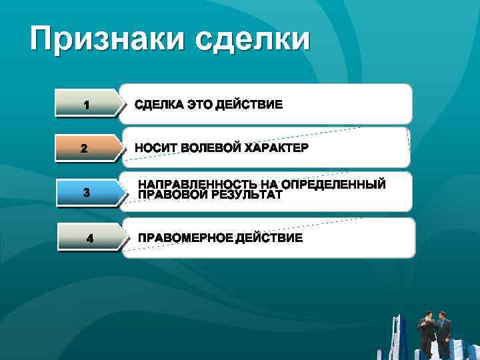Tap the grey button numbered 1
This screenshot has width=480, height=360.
pos(86,105)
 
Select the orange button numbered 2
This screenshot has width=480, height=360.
pos(84,148)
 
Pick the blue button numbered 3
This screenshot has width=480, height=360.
pos(86,193)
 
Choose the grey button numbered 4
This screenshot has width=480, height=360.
pos(89,238)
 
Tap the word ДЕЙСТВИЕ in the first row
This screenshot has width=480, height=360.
pos(249,105)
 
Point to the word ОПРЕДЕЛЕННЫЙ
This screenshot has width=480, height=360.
pos(333,184)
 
